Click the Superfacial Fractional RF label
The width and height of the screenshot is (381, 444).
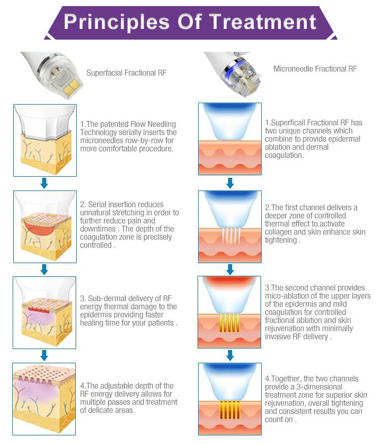point(126,73)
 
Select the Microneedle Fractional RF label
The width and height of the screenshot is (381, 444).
point(315,69)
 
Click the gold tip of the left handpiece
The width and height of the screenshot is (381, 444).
point(74,83)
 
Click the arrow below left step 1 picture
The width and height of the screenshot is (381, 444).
point(44,183)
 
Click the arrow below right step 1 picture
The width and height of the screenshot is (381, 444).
point(230,183)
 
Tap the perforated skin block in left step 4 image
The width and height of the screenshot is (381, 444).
point(44,399)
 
